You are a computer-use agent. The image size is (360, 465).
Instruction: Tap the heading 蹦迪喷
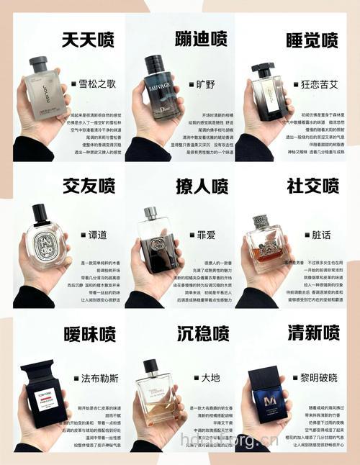202,39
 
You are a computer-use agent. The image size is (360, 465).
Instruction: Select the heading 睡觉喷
311,39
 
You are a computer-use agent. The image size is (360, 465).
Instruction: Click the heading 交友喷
89,186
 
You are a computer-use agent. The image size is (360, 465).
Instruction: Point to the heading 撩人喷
202,186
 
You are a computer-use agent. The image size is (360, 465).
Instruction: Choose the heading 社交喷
312,186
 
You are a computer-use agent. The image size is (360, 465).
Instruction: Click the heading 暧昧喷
89,333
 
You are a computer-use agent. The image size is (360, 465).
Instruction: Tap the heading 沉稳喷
202,333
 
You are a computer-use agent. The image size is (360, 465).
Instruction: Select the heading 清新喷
312,333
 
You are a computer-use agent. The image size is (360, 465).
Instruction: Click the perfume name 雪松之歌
96,83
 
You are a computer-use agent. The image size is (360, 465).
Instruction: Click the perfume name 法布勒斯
96,377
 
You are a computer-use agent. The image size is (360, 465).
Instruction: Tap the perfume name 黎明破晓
318,377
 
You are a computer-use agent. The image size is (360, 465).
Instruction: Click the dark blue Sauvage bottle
162,85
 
